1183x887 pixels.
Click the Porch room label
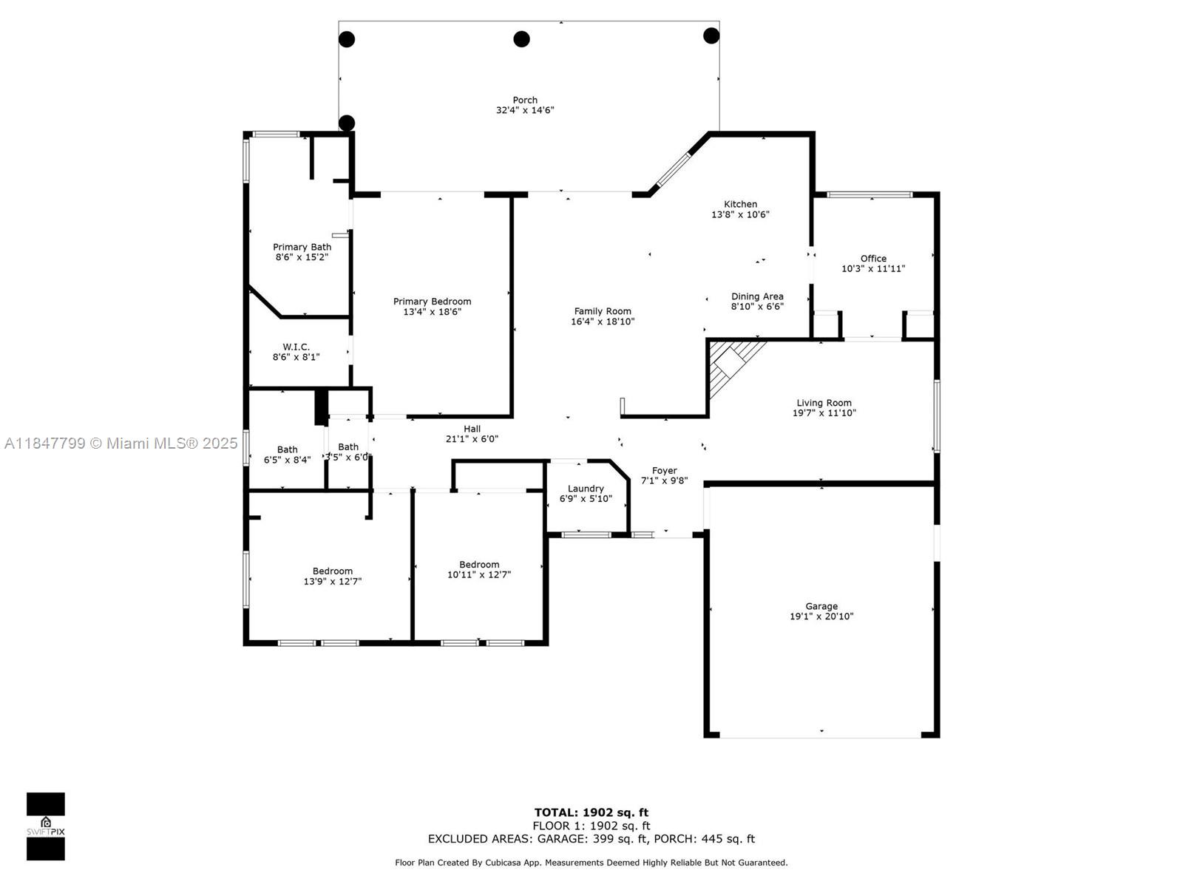(524, 101)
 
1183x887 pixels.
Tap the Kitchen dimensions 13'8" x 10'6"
(740, 214)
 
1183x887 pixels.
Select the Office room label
(873, 259)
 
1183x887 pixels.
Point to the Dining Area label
(756, 296)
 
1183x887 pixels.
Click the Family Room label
(602, 311)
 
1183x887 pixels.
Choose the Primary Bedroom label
(432, 302)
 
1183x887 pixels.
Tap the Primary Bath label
(302, 247)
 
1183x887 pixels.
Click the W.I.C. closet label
(296, 347)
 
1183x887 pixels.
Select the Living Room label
(824, 403)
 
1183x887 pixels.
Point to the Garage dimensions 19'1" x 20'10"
(821, 616)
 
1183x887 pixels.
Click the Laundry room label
(586, 489)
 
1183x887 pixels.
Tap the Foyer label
(664, 471)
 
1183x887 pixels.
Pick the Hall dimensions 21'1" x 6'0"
(472, 439)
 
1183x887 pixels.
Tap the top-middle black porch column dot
(521, 38)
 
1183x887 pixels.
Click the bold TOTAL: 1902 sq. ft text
(591, 812)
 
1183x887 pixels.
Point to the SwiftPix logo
(46, 826)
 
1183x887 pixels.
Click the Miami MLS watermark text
(121, 443)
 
